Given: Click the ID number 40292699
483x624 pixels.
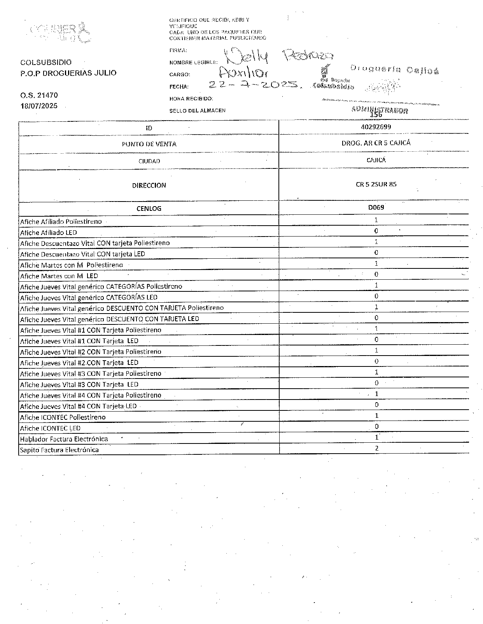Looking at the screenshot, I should [x=376, y=127].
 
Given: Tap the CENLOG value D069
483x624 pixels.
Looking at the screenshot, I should [x=376, y=207].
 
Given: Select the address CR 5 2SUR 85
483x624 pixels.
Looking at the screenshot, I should [x=376, y=184].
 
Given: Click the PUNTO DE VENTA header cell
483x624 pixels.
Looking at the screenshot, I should [x=149, y=144].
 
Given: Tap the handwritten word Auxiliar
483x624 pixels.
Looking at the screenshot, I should [x=243, y=72].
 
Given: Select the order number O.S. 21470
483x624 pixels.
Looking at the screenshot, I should [x=39, y=95].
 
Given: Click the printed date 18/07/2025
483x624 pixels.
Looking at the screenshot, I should [x=39, y=106].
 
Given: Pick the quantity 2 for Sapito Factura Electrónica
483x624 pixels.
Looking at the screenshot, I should [x=376, y=448].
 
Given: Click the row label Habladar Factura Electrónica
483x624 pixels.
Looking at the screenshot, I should [x=64, y=439].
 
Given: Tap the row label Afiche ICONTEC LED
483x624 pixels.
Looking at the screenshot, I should [x=50, y=428].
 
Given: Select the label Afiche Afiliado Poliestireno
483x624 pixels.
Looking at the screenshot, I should [x=61, y=221].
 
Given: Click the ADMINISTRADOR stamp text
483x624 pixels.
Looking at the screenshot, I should [x=379, y=110].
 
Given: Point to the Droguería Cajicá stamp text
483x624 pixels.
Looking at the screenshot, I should [x=394, y=69].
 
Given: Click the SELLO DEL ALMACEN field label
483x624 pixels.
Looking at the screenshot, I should [x=197, y=110].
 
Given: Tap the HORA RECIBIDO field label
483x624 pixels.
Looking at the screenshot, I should [x=191, y=99].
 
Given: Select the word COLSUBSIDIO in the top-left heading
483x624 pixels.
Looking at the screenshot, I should [x=46, y=62].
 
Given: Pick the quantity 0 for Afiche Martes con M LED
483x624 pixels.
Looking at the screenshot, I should [x=376, y=274].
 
